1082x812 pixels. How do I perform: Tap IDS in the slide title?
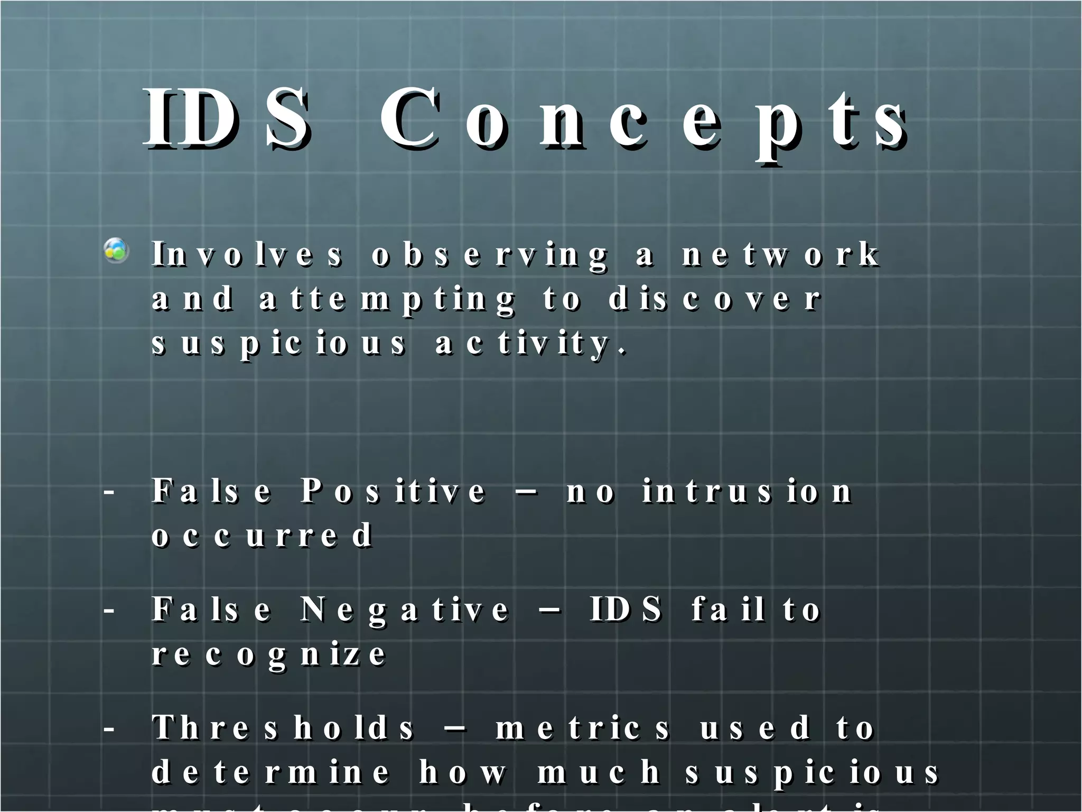click(227, 118)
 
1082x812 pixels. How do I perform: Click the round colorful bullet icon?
click(116, 251)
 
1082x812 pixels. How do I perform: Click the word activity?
click(530, 344)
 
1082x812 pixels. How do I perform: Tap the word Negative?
click(405, 610)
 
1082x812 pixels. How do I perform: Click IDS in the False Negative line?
click(626, 610)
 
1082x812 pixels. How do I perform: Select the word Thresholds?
click(283, 728)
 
